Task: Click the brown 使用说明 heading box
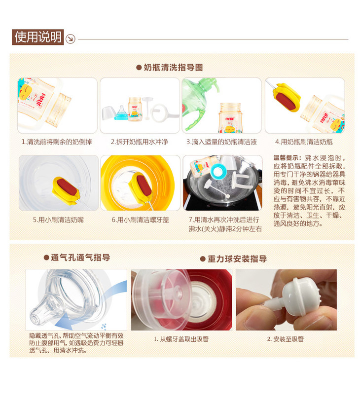pos(37,37)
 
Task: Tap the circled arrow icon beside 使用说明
pos(71,39)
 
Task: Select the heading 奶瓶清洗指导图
pos(170,68)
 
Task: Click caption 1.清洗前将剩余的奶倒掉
pos(57,142)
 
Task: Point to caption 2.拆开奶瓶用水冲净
pos(140,142)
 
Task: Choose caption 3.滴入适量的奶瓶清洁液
pos(221,142)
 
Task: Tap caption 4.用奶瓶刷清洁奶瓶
pos(304,142)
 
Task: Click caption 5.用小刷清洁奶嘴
pos(58,220)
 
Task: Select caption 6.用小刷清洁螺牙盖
pos(140,220)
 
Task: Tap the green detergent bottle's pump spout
pos(210,82)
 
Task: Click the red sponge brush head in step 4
pos(286,100)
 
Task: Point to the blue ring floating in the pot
pos(218,172)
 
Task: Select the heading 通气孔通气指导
pos(77,258)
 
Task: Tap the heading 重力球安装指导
pos(234,259)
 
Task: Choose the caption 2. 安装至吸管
pos(286,339)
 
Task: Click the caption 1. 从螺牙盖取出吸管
pos(181,339)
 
